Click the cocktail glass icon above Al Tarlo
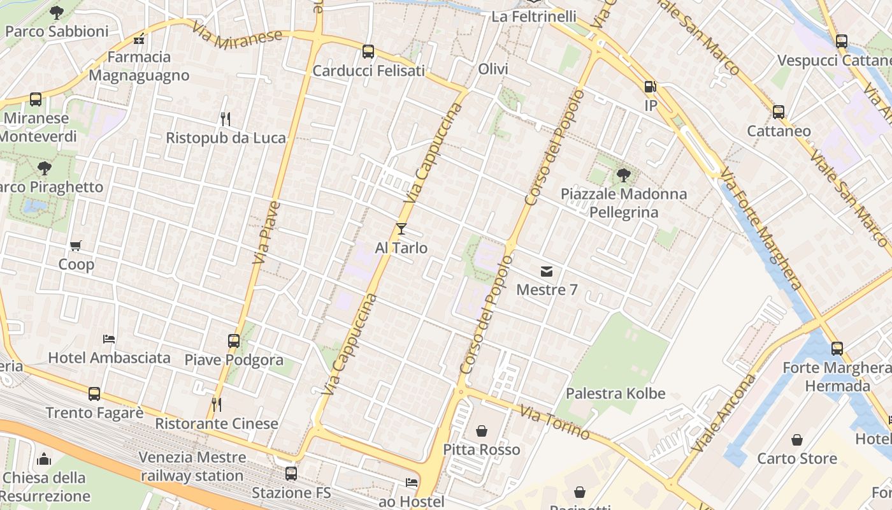point(401,229)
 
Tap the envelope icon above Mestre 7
point(547,272)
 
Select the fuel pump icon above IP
point(650,87)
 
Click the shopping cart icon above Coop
point(76,245)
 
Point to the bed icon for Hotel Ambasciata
point(109,339)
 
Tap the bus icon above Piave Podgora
point(234,341)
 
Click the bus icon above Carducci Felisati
point(368,52)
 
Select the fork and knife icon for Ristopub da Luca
point(225,119)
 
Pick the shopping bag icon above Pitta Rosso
point(482,431)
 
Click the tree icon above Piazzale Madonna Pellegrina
point(624,175)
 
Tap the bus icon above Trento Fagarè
point(94,394)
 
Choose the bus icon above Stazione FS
point(291,474)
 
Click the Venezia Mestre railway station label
point(192,467)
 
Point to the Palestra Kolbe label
point(615,393)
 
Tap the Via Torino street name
point(554,422)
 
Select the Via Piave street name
point(267,233)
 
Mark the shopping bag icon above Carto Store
point(797,440)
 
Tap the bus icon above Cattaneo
point(779,112)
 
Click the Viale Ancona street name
point(724,413)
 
